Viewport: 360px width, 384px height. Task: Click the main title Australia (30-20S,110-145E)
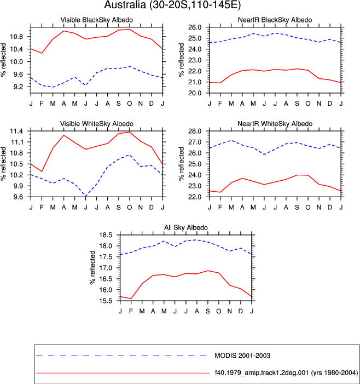click(x=172, y=5)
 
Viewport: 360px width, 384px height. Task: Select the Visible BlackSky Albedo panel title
click(x=97, y=20)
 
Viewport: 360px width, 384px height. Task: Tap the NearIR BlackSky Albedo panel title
click(x=275, y=20)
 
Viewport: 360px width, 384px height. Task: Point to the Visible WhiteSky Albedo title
click(x=97, y=124)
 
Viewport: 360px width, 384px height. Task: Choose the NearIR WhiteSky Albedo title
click(x=275, y=124)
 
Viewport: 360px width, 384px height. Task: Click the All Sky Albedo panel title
click(x=186, y=227)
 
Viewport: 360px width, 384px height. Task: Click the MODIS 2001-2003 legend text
click(x=242, y=356)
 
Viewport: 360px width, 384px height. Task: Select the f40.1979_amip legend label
click(x=286, y=372)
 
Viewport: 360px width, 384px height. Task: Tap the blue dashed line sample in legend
click(x=121, y=355)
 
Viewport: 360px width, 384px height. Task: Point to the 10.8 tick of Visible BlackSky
click(x=16, y=37)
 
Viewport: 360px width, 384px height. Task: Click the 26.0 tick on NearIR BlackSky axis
click(x=195, y=27)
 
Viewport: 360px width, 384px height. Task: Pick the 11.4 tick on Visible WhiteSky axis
click(x=16, y=131)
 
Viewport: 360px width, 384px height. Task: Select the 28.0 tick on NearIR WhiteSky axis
click(x=195, y=131)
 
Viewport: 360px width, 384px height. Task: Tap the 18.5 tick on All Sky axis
click(x=106, y=235)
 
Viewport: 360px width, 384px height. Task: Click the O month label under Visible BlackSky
click(x=130, y=104)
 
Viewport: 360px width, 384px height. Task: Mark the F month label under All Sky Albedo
click(x=131, y=311)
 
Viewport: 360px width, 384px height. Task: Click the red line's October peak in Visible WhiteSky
click(x=130, y=132)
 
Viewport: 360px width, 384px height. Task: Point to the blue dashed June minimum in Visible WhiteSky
click(x=85, y=196)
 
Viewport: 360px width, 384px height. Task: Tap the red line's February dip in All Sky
click(x=131, y=299)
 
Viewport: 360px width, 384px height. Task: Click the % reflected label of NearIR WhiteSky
click(x=181, y=164)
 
